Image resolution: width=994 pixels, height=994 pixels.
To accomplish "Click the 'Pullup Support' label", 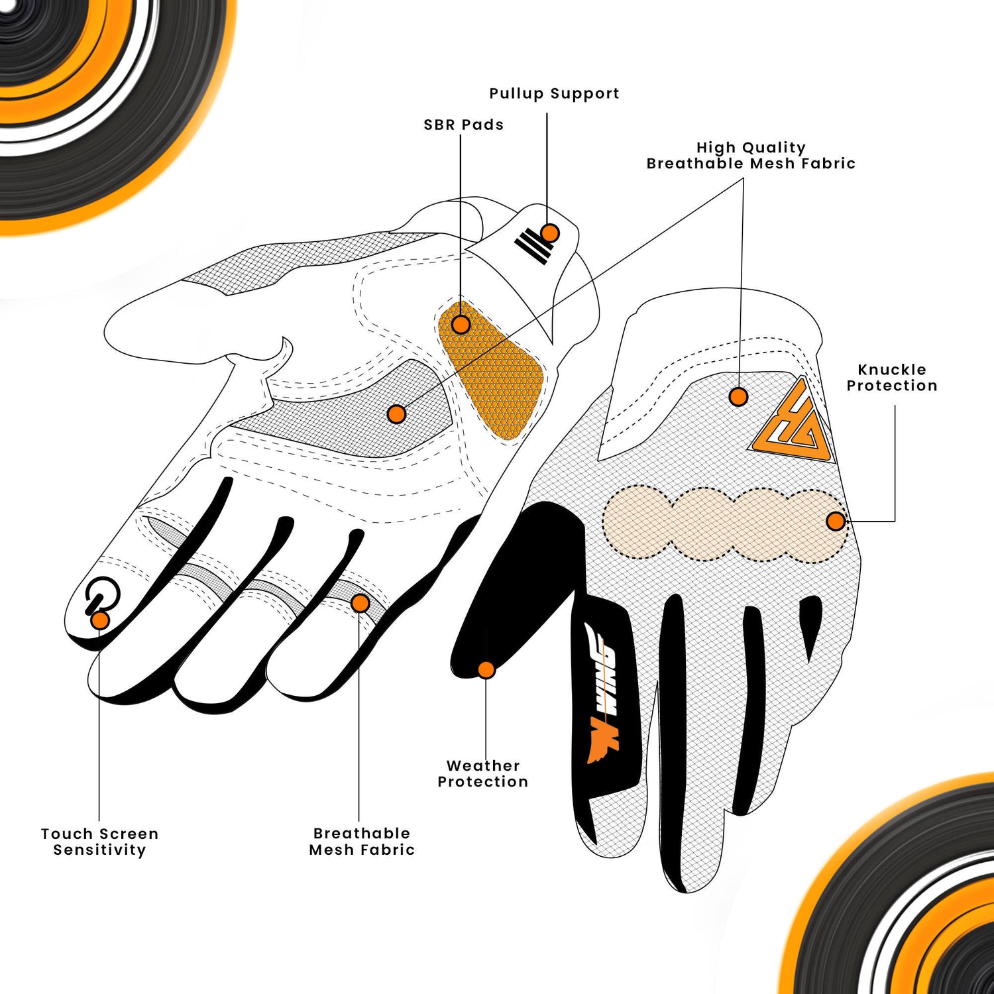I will (554, 93).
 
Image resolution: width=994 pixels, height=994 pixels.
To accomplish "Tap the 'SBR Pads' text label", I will (463, 125).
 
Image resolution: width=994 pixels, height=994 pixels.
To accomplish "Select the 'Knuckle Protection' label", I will (892, 378).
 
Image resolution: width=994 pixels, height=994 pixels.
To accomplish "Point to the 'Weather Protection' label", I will (483, 773).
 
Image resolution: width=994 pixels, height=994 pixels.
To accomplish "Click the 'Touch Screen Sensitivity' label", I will (99, 842).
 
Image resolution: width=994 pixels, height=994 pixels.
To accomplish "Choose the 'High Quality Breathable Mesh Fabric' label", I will (751, 156).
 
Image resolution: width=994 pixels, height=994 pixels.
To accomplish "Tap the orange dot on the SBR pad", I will (461, 325).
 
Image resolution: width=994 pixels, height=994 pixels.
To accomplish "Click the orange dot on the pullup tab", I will (549, 233).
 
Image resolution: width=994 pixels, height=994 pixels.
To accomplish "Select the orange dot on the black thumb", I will (486, 670).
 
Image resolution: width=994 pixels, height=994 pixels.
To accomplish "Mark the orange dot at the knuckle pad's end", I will (836, 522).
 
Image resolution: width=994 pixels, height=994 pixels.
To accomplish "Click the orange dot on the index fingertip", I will (100, 620).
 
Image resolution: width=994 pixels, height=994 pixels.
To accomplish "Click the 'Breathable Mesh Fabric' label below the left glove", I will (362, 842).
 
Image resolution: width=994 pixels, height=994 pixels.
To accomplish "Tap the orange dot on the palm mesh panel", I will (396, 415).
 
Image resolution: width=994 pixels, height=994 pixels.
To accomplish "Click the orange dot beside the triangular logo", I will (738, 397).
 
